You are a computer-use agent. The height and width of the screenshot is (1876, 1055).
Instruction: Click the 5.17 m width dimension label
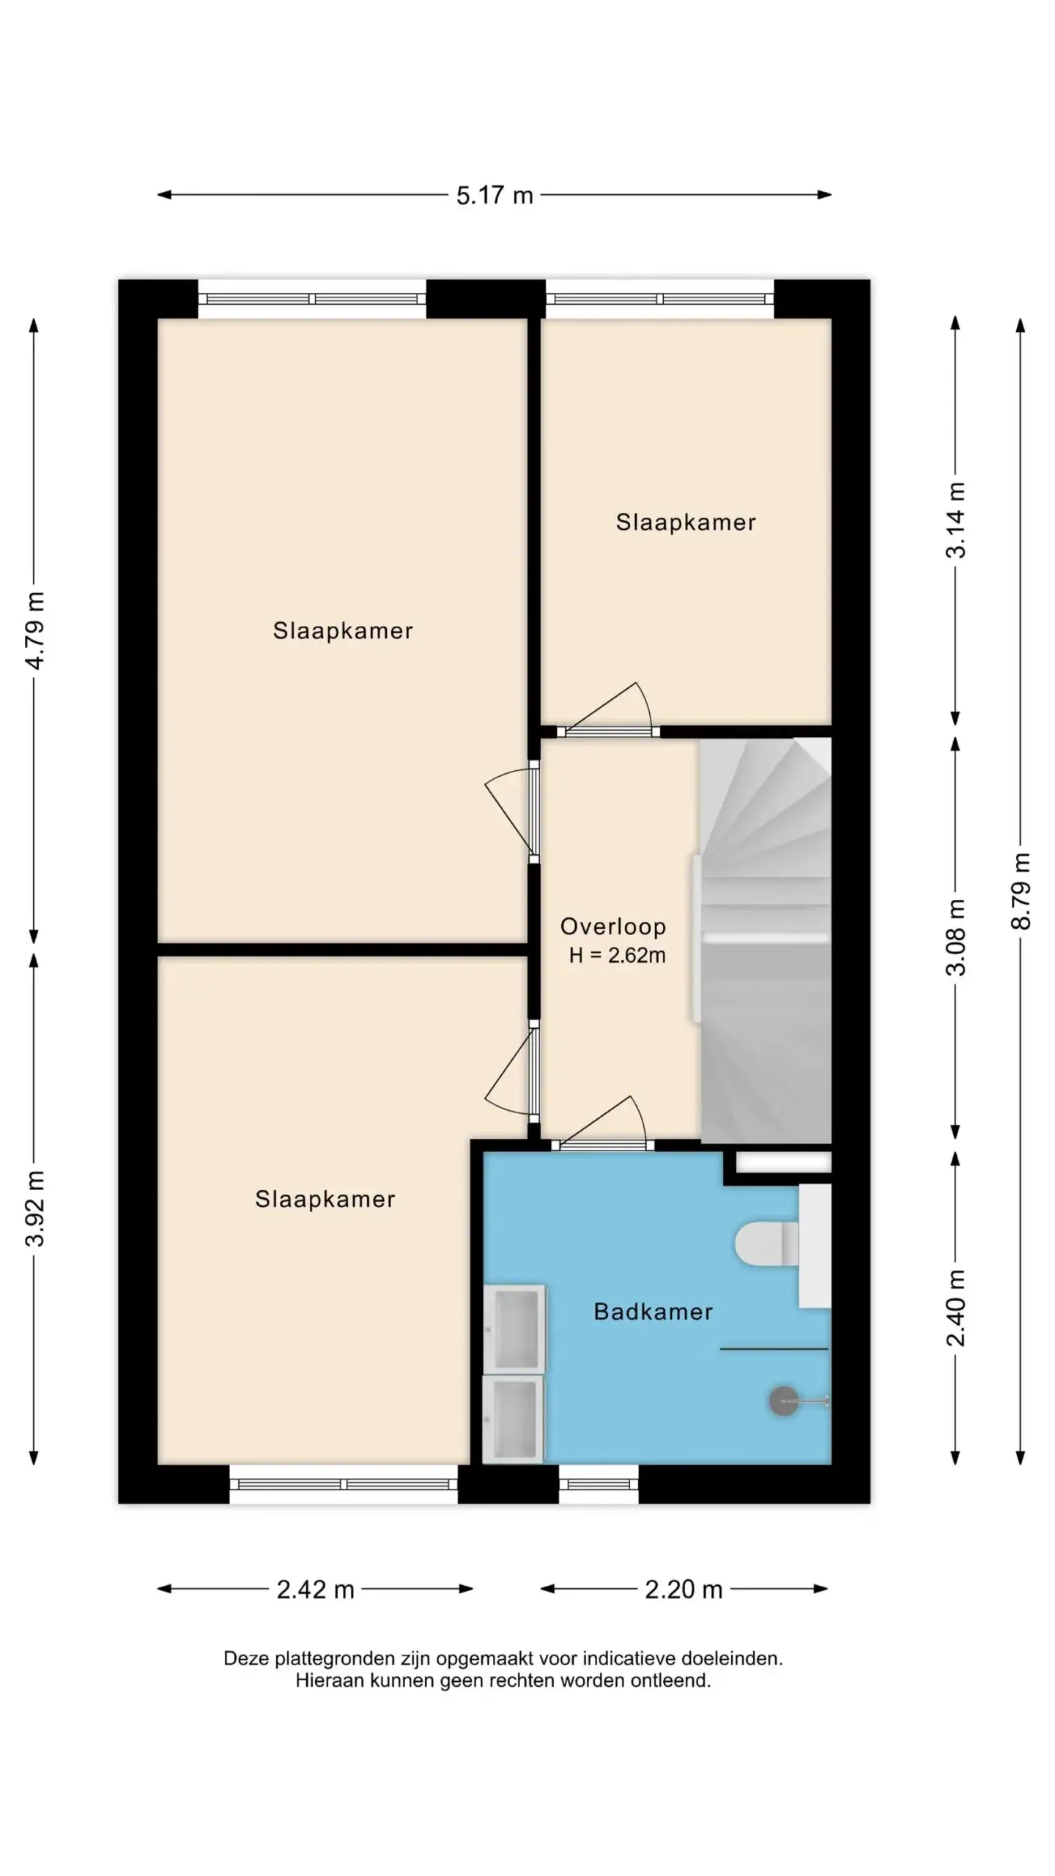pos(495,196)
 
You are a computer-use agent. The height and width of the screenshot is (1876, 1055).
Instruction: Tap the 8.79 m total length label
pos(1021,891)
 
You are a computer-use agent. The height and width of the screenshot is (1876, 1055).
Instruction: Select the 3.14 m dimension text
pos(955,520)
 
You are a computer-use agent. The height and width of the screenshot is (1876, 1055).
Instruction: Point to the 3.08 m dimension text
pos(955,937)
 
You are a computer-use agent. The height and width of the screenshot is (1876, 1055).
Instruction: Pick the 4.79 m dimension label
pos(34,630)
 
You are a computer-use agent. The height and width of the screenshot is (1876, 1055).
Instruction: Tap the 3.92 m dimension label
pos(34,1208)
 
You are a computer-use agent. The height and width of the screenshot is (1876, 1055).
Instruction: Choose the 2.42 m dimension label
pos(316,1589)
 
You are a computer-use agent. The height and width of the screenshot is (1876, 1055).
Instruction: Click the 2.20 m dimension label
pos(684,1589)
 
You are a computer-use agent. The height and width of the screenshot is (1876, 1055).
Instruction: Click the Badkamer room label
pos(653,1312)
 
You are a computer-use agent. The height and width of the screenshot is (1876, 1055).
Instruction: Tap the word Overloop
pos(613,927)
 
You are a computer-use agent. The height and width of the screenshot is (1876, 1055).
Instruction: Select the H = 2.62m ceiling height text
pos(618,956)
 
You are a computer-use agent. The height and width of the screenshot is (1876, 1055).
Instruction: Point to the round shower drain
pos(783,1401)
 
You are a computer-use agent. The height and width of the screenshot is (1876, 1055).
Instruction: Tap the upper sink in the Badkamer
pos(514,1329)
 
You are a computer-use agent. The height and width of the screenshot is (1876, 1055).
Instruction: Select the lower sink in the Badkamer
pos(513,1419)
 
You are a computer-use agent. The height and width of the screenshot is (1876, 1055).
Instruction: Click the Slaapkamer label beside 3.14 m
pos(686,522)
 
